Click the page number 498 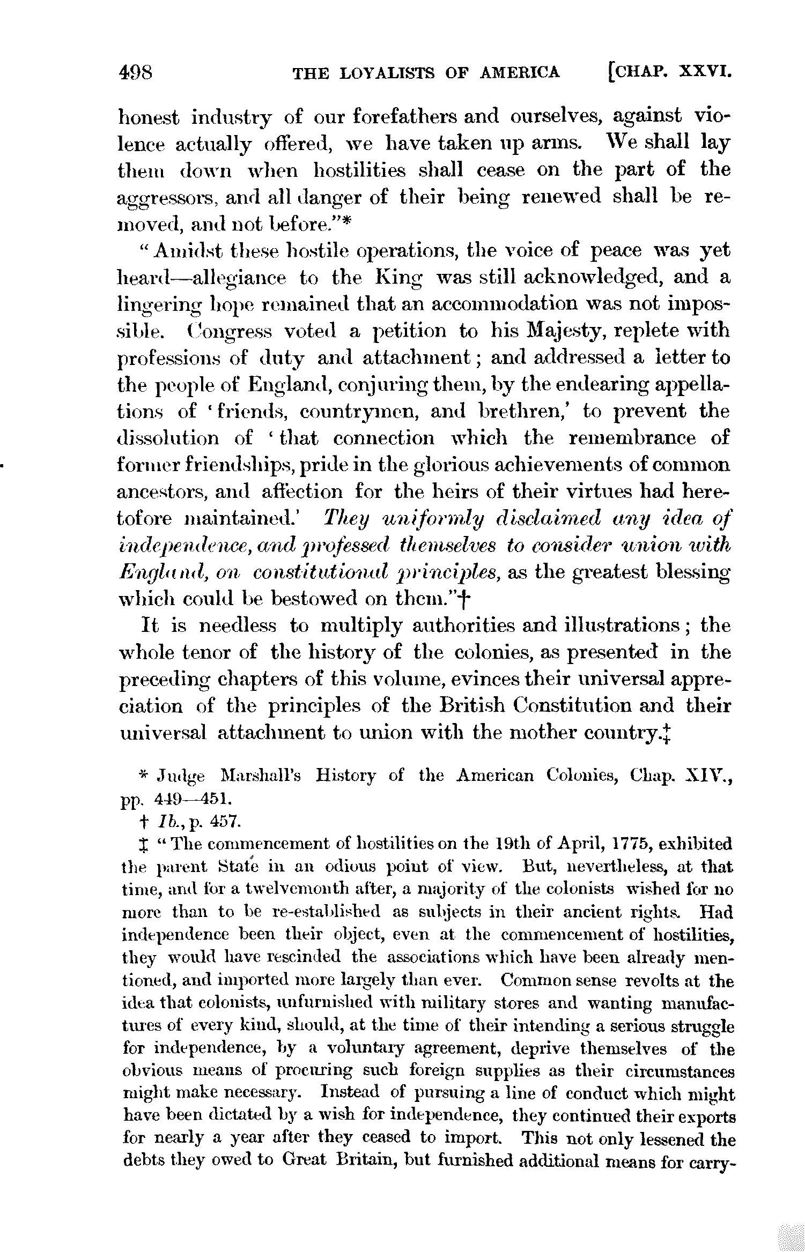136,72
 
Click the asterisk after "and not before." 346,222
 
